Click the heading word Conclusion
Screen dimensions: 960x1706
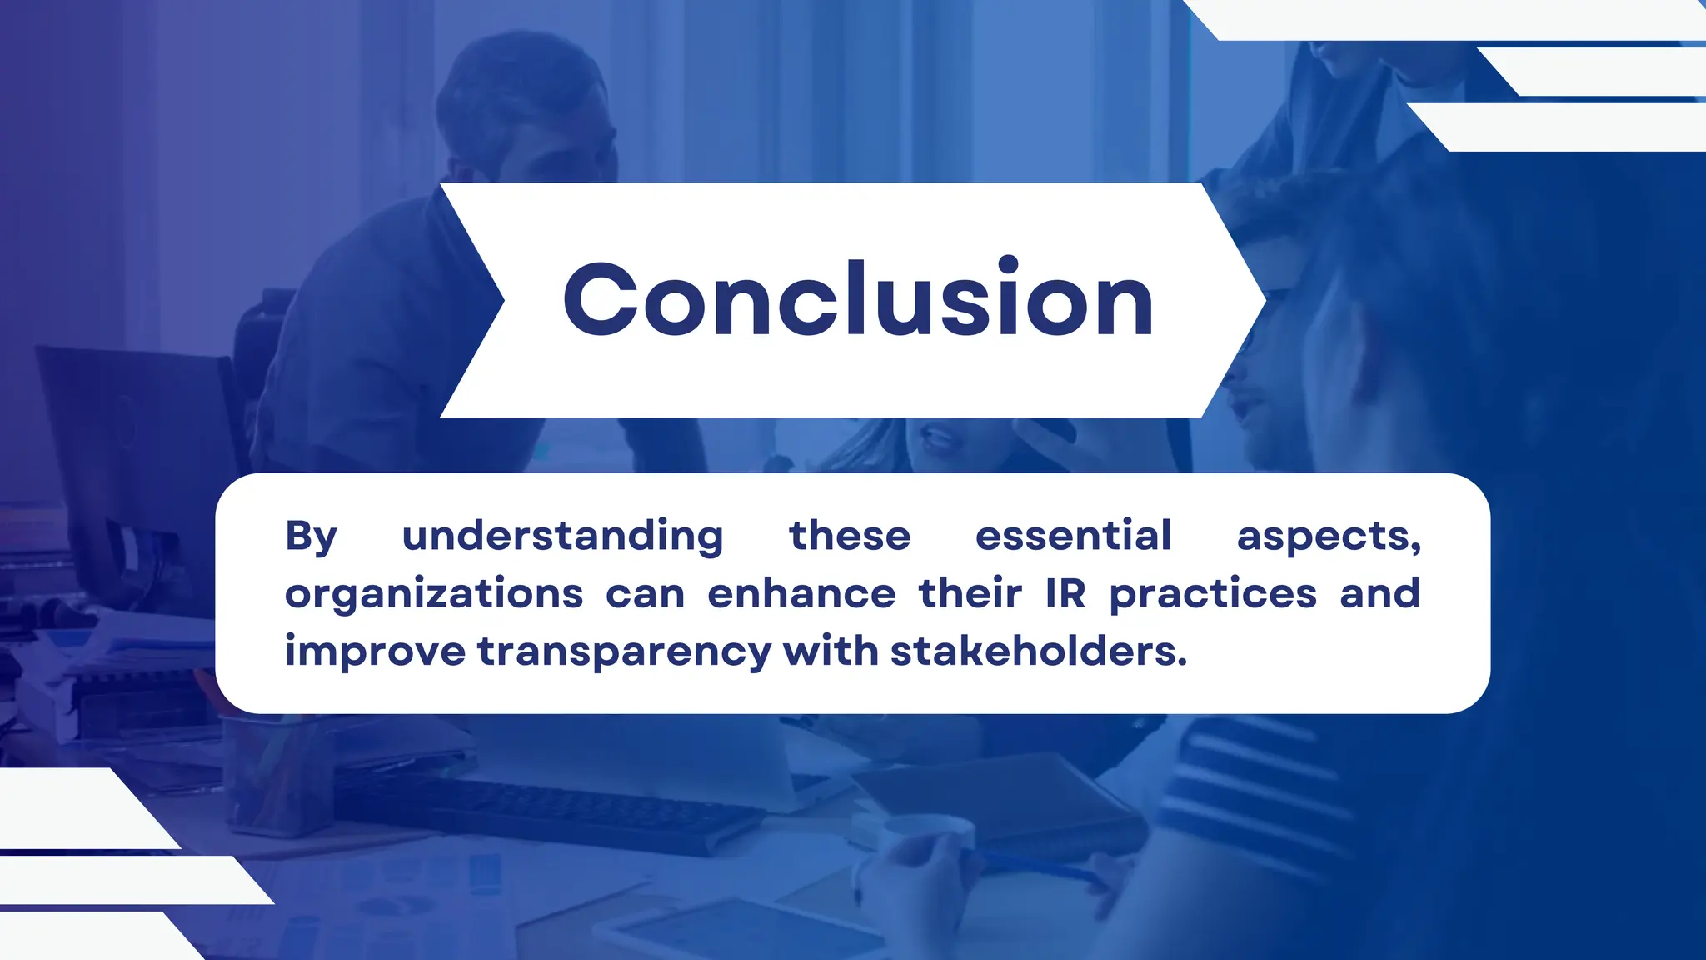pos(858,300)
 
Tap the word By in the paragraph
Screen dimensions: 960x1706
pos(311,536)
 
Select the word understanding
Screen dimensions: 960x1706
pos(562,536)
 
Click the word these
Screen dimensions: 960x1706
pos(850,536)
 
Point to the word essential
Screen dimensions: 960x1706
pos(1073,536)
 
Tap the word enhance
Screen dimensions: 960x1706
pos(801,594)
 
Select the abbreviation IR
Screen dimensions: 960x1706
pos(1065,594)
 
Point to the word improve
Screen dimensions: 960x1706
pos(375,652)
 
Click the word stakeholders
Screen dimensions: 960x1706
pos(1038,651)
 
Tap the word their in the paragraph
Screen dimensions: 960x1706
pos(970,594)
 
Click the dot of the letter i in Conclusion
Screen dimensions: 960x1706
pos(1008,264)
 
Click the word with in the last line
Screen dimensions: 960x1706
pos(831,651)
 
